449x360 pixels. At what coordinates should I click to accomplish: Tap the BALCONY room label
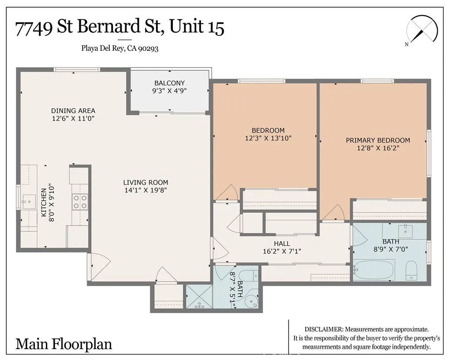(x=170, y=83)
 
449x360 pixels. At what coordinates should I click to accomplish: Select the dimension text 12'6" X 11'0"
(x=73, y=118)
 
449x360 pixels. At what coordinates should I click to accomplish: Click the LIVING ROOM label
(x=146, y=182)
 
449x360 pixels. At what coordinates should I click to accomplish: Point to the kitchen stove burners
(x=80, y=201)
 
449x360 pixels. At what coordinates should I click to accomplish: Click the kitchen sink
(x=29, y=202)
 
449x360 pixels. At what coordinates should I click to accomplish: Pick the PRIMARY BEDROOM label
(x=378, y=140)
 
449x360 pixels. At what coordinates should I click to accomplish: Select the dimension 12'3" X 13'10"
(x=268, y=138)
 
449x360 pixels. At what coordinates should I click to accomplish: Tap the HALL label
(x=282, y=243)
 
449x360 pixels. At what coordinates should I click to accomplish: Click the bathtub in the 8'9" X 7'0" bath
(x=374, y=270)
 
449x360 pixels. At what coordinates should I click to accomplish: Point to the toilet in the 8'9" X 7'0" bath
(x=411, y=270)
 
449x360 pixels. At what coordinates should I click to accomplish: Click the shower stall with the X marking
(x=199, y=297)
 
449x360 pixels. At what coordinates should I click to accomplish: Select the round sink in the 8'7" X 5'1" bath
(x=251, y=302)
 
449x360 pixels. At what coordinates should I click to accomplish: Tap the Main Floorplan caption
(x=63, y=344)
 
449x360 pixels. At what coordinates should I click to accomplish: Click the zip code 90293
(x=148, y=49)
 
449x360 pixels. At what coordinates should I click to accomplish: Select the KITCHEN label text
(x=44, y=202)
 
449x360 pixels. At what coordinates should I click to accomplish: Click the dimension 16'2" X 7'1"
(x=282, y=251)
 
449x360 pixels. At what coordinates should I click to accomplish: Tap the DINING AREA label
(x=73, y=111)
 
